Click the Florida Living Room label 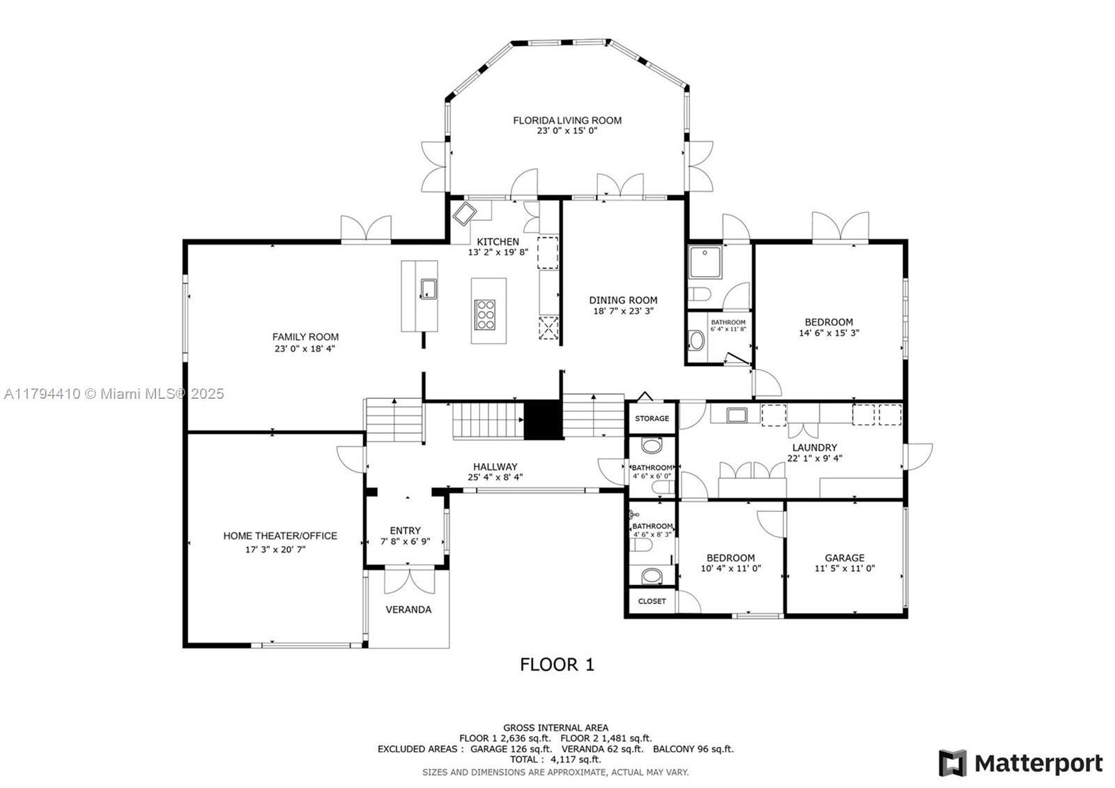pyautogui.click(x=567, y=120)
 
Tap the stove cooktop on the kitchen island pyautogui.click(x=484, y=315)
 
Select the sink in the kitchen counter pyautogui.click(x=429, y=289)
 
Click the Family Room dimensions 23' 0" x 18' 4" pyautogui.click(x=305, y=349)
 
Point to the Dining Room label pyautogui.click(x=623, y=300)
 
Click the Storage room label pyautogui.click(x=652, y=418)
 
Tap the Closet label pyautogui.click(x=652, y=601)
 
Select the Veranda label pyautogui.click(x=408, y=609)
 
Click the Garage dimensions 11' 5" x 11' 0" pyautogui.click(x=844, y=568)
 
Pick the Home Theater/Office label pyautogui.click(x=279, y=536)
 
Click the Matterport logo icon pyautogui.click(x=953, y=763)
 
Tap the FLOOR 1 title pyautogui.click(x=557, y=665)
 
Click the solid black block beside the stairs pyautogui.click(x=544, y=420)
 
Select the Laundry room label pyautogui.click(x=815, y=447)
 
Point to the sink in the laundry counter pyautogui.click(x=736, y=415)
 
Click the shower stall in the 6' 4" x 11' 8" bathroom pyautogui.click(x=705, y=262)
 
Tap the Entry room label pyautogui.click(x=405, y=531)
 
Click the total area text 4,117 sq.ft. pyautogui.click(x=576, y=759)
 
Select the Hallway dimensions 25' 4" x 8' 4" pyautogui.click(x=495, y=477)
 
